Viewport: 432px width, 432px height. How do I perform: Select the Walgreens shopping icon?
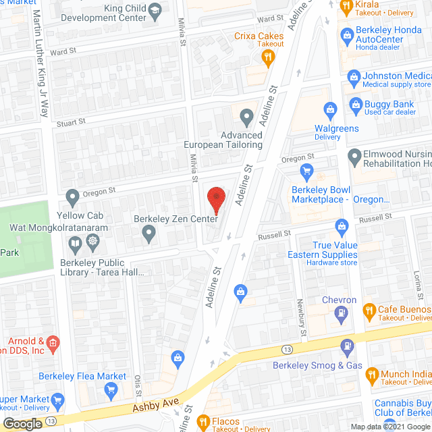tap(331, 108)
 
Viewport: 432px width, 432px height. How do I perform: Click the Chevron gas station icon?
tap(341, 313)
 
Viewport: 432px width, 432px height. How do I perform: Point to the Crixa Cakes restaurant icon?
tap(268, 58)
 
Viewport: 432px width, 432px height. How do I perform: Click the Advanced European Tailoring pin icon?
tap(246, 118)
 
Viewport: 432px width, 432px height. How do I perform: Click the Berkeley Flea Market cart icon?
tap(112, 389)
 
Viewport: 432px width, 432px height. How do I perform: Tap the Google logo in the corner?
tap(22, 423)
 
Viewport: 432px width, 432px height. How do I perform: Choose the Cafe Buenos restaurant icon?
tap(369, 311)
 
